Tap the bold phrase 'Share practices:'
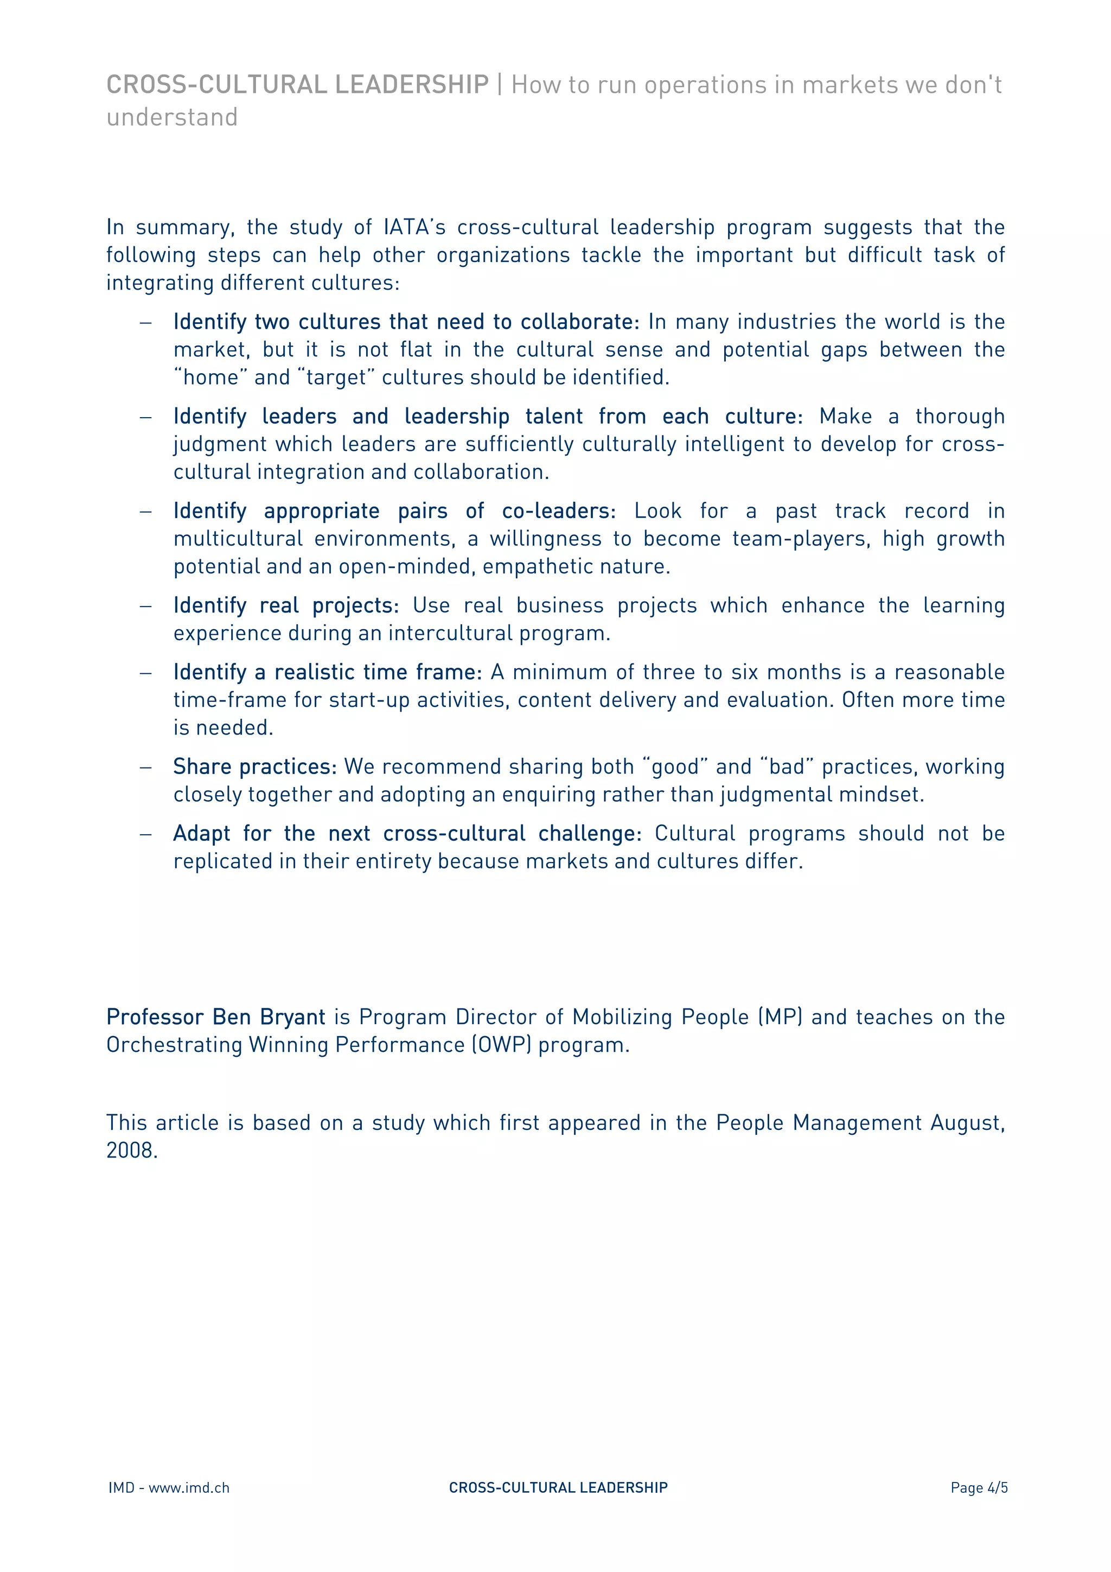[254, 767]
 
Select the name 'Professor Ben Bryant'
[215, 1018]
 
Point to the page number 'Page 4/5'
[978, 1488]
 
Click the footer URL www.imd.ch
[189, 1488]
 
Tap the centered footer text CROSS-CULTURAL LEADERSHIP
[558, 1488]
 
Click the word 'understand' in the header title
[172, 117]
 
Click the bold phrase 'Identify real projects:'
[285, 606]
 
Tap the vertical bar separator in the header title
[500, 85]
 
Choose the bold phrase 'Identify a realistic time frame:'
[327, 672]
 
